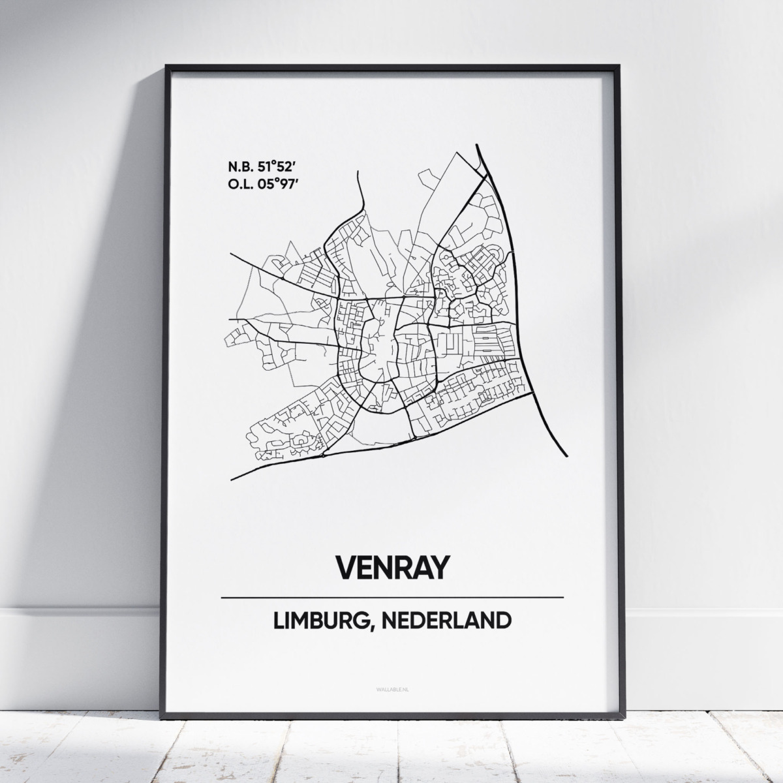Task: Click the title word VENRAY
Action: pyautogui.click(x=392, y=567)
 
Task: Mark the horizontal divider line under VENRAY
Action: pyautogui.click(x=392, y=597)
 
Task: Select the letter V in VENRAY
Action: pyautogui.click(x=345, y=567)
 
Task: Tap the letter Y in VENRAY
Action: pyautogui.click(x=440, y=567)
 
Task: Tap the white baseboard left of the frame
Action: pyautogui.click(x=78, y=610)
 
